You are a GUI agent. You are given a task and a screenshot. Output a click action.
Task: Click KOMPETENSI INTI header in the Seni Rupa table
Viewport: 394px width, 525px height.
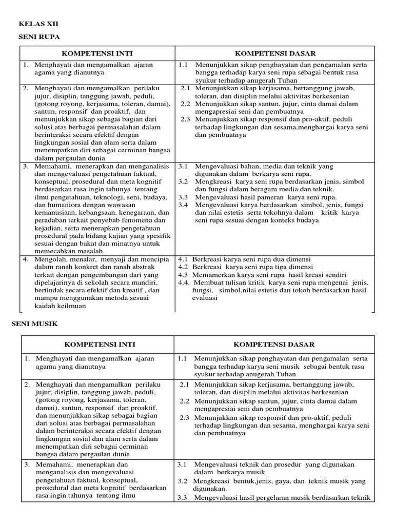97,53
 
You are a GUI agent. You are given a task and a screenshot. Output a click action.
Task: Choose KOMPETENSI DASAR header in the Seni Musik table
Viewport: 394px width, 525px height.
274,344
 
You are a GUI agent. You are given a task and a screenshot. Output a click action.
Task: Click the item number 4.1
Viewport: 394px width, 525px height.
183,259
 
